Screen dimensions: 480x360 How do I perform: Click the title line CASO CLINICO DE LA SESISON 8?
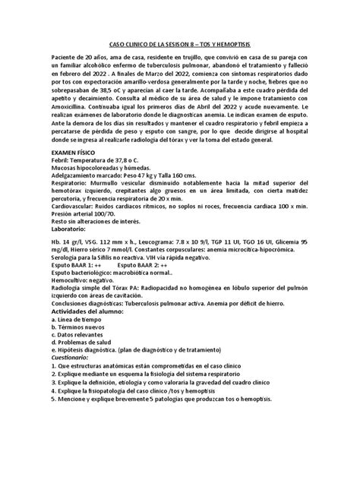click(179, 45)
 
